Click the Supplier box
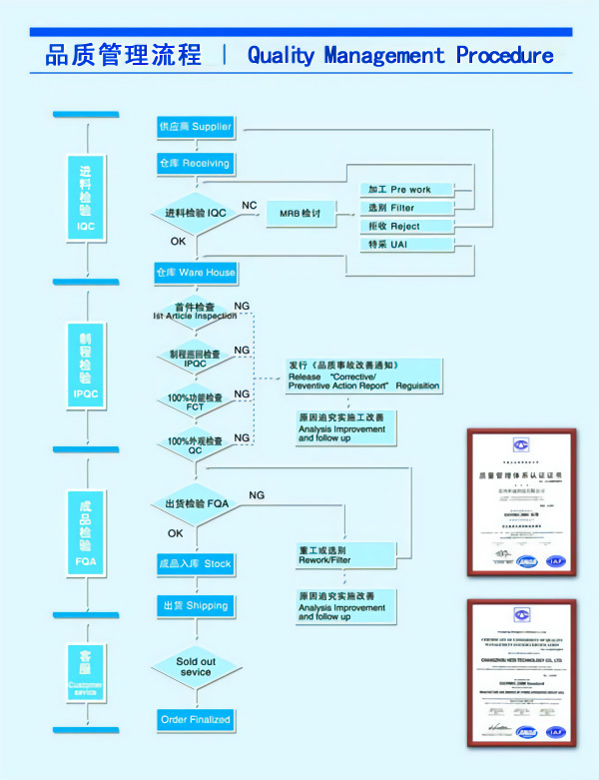point(195,127)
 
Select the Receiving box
point(195,163)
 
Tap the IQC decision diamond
point(196,213)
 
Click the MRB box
point(299,214)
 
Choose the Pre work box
point(407,189)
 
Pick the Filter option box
point(407,208)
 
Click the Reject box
point(407,227)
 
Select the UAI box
point(407,245)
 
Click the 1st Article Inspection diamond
point(196,311)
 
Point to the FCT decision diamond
point(196,401)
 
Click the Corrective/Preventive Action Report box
point(363,375)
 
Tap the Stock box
point(195,564)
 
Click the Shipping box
point(195,605)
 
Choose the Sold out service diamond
point(196,666)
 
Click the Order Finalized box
point(196,719)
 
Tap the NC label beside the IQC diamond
point(250,206)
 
